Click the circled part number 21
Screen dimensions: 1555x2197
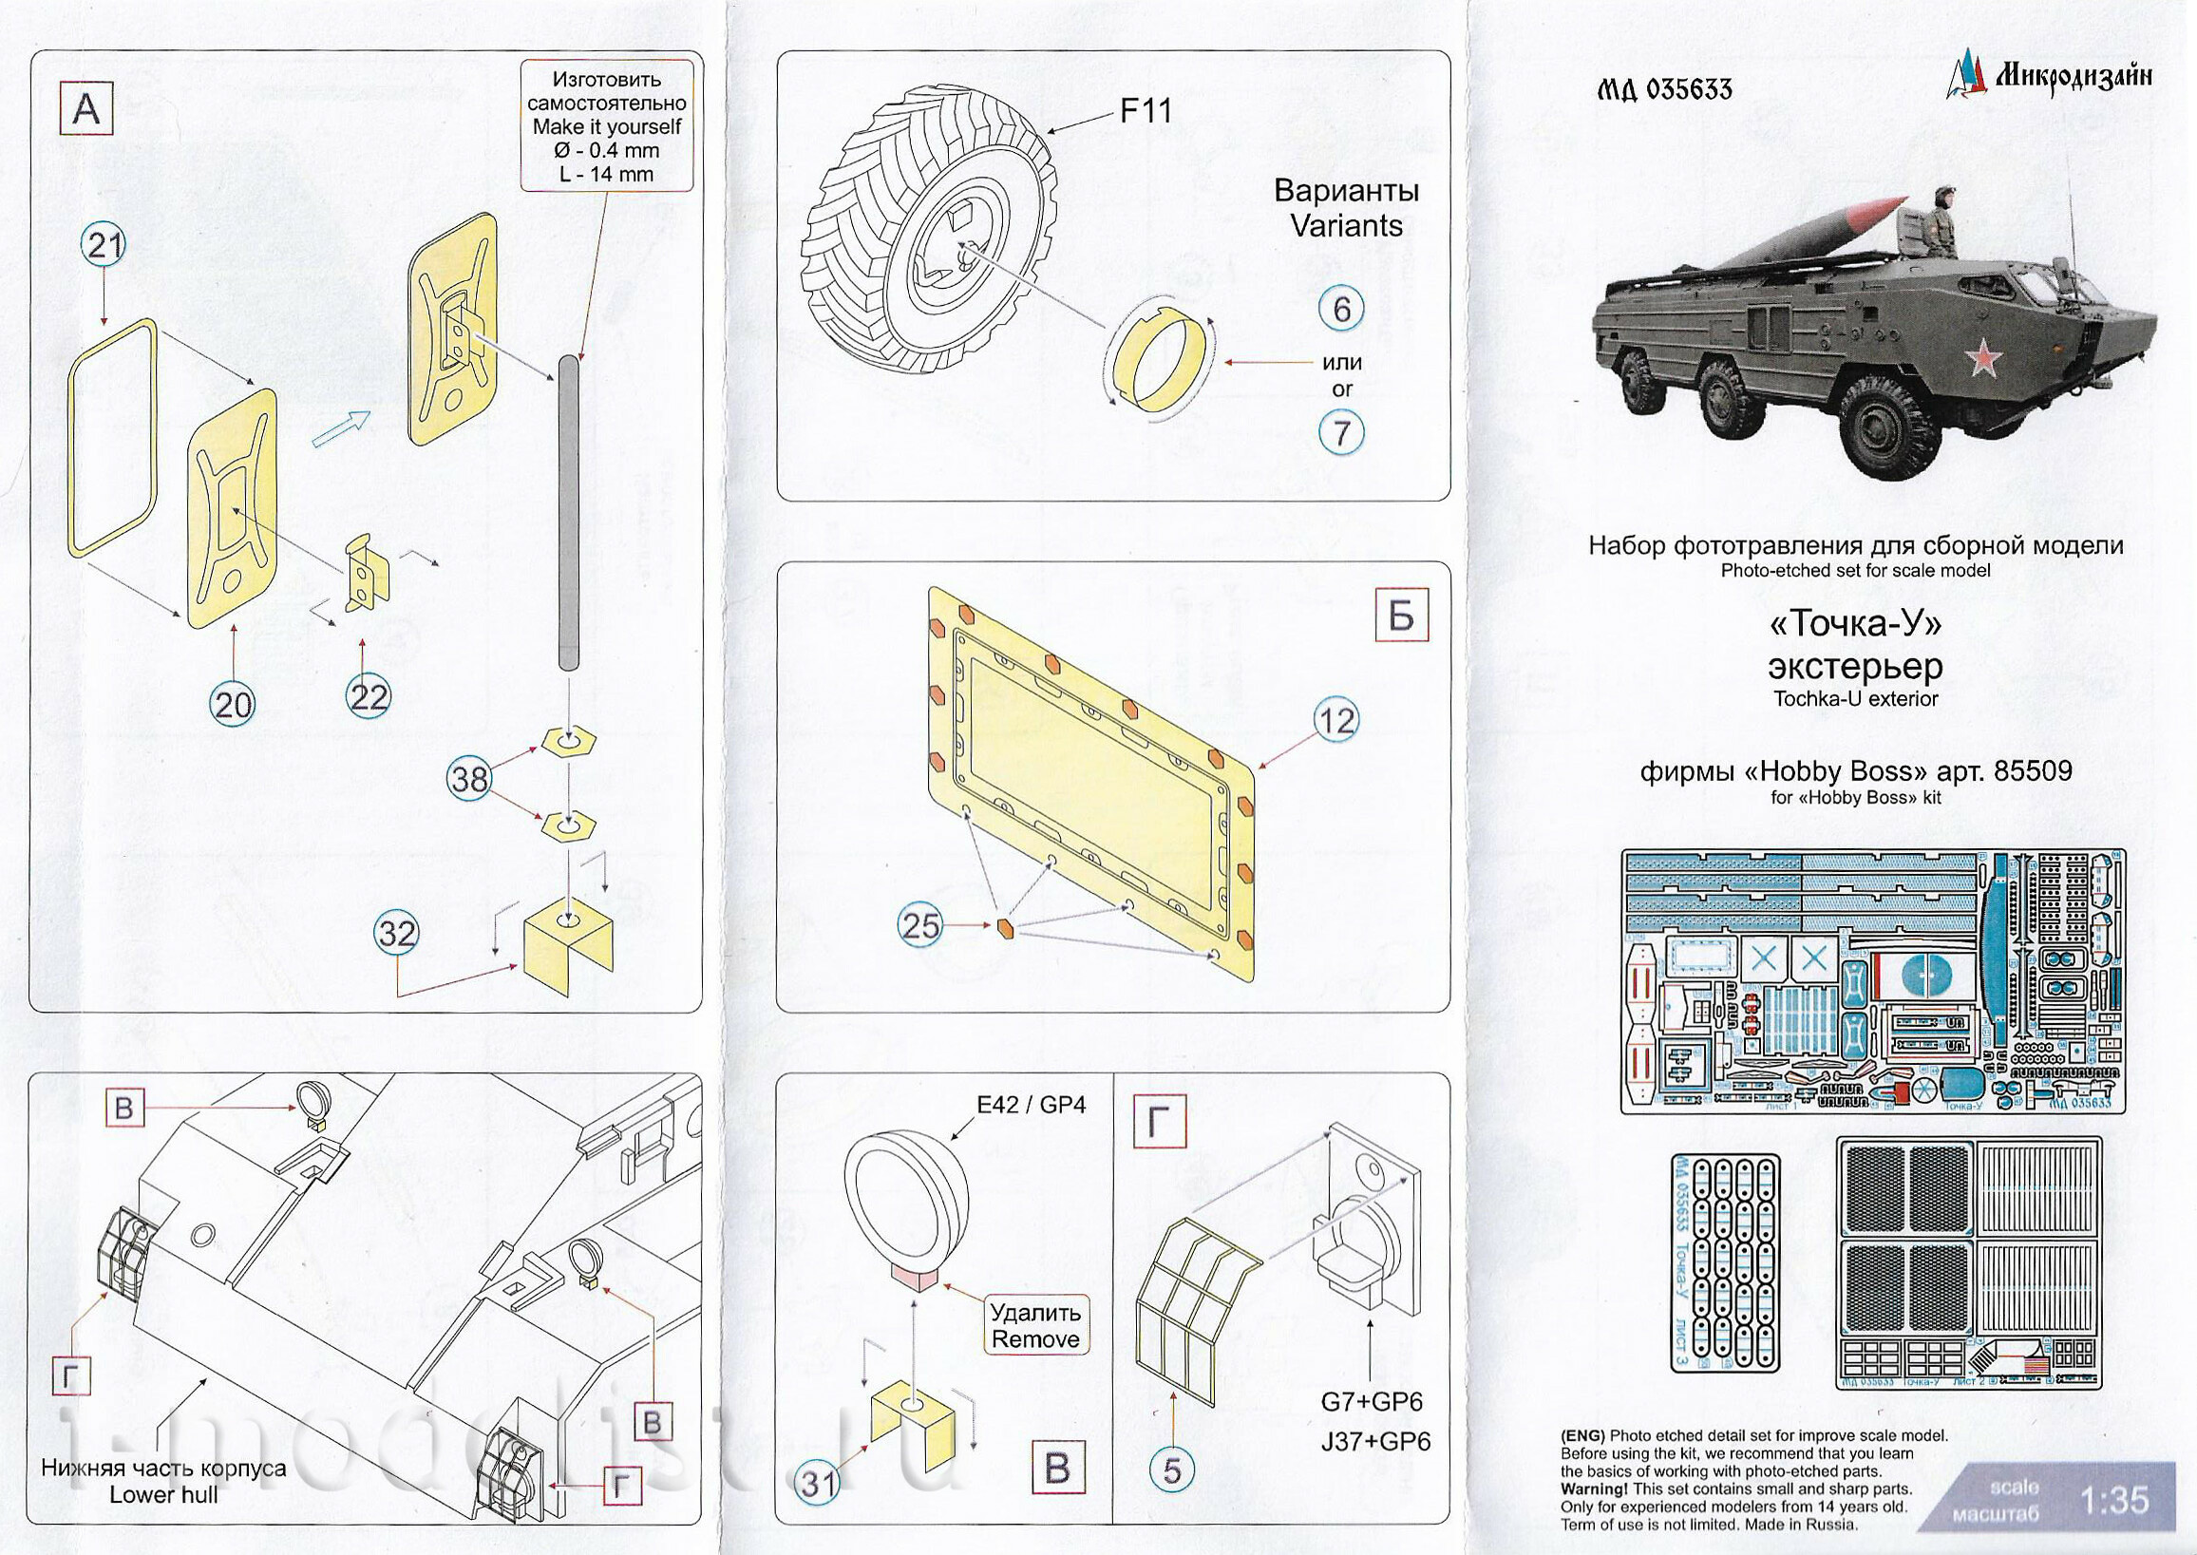coord(104,247)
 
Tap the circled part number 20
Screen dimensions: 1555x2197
coord(233,705)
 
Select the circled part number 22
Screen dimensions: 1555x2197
coord(369,696)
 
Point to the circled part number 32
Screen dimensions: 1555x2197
coord(396,933)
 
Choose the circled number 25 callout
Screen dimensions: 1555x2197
coord(921,925)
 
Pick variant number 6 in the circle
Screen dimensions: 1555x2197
coord(1341,309)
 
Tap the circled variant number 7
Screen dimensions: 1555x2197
coord(1341,433)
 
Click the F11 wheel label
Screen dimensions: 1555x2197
coord(1146,111)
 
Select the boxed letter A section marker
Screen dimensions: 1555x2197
coord(86,108)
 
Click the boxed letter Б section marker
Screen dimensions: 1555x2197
coord(1400,616)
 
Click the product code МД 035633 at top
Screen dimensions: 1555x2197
coord(1664,89)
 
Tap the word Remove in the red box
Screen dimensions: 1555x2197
coord(1034,1338)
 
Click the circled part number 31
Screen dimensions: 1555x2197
coord(819,1483)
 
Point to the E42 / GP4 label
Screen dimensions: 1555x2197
coord(1030,1104)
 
